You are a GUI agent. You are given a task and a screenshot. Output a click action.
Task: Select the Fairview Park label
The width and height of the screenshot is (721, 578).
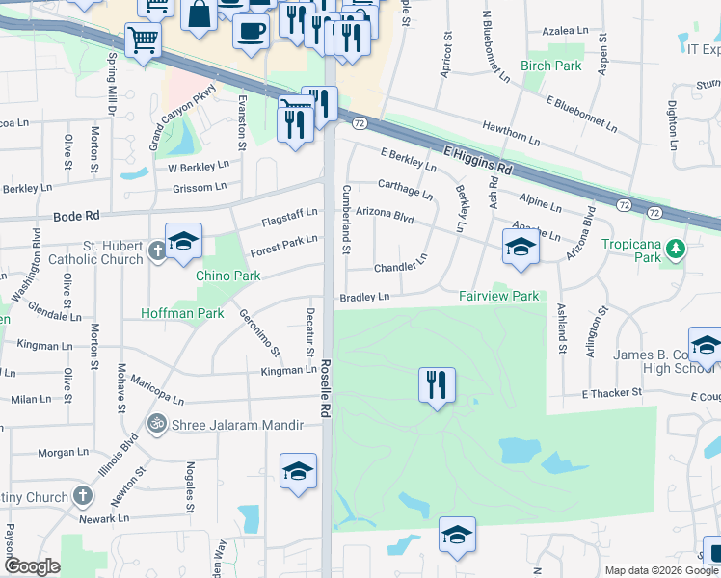tap(498, 297)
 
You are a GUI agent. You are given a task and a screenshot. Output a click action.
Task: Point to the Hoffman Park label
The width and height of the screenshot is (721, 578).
tap(182, 313)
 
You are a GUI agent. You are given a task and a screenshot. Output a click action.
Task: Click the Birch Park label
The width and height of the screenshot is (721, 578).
tap(551, 66)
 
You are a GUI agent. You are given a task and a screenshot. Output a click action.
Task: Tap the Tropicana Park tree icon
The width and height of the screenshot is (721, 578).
tap(678, 250)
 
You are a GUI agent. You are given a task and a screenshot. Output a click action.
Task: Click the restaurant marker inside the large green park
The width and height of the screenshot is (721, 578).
tap(437, 384)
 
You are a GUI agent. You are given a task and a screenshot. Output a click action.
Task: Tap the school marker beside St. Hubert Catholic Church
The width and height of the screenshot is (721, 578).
tap(182, 241)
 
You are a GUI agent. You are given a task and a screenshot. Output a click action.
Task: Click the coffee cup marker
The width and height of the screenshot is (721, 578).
tap(252, 29)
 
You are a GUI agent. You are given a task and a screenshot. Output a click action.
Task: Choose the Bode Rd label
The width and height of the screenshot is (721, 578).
tap(77, 217)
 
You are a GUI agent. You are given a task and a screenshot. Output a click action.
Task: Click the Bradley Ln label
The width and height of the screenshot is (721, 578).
tap(364, 298)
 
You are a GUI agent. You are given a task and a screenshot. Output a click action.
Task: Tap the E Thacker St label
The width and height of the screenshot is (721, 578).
tap(611, 393)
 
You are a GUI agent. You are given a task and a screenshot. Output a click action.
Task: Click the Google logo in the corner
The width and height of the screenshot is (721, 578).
tap(32, 566)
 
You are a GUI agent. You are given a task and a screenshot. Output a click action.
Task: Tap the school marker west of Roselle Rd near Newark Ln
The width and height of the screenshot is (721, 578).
tap(299, 471)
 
